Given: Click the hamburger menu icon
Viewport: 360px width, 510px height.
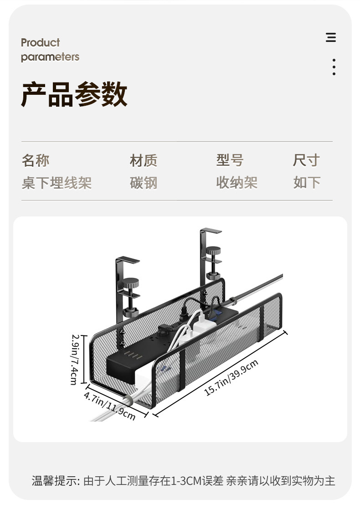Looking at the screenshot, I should [331, 37].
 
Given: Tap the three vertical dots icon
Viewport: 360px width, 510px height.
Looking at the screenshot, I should [334, 67].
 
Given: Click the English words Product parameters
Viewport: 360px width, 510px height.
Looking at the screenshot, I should [50, 50].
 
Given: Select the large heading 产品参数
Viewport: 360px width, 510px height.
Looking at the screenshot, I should [74, 95].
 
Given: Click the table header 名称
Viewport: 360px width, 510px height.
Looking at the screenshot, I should [36, 160].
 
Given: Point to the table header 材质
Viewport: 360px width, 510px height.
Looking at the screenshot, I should [144, 160].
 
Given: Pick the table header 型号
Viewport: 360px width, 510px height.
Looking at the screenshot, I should [230, 160].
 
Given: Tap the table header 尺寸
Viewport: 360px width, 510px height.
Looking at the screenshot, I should [306, 160].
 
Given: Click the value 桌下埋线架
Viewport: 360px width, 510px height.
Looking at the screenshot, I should [57, 183].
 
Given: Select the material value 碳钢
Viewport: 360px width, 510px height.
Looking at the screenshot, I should [144, 183].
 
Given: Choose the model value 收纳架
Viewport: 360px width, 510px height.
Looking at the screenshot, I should [237, 183].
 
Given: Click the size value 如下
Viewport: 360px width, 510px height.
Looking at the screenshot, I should [307, 183].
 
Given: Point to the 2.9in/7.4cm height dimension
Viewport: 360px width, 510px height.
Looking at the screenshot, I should [75, 359].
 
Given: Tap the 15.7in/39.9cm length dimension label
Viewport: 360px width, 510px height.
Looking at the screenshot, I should [231, 377].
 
